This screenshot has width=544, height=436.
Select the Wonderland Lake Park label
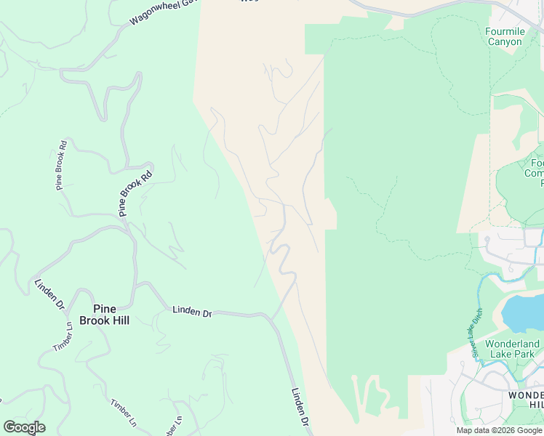coord(512,349)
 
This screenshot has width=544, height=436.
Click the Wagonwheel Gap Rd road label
coord(163,12)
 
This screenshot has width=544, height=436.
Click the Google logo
coord(24,427)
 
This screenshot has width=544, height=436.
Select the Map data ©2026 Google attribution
coord(500,430)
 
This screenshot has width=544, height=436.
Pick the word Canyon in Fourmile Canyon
coord(504,41)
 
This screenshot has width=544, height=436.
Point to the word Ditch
coord(477,318)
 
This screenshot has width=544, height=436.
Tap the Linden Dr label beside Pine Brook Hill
coord(192,312)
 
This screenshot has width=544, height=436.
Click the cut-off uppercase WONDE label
coord(525,394)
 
